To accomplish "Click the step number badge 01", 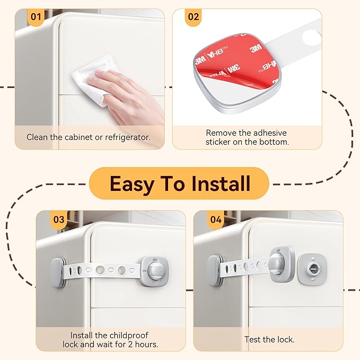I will pos(36,16).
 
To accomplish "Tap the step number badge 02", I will pos(194,16).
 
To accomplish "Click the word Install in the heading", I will pos(215,183).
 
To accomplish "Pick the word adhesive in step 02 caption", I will pos(268,133).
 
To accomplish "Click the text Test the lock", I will pos(269,339).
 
